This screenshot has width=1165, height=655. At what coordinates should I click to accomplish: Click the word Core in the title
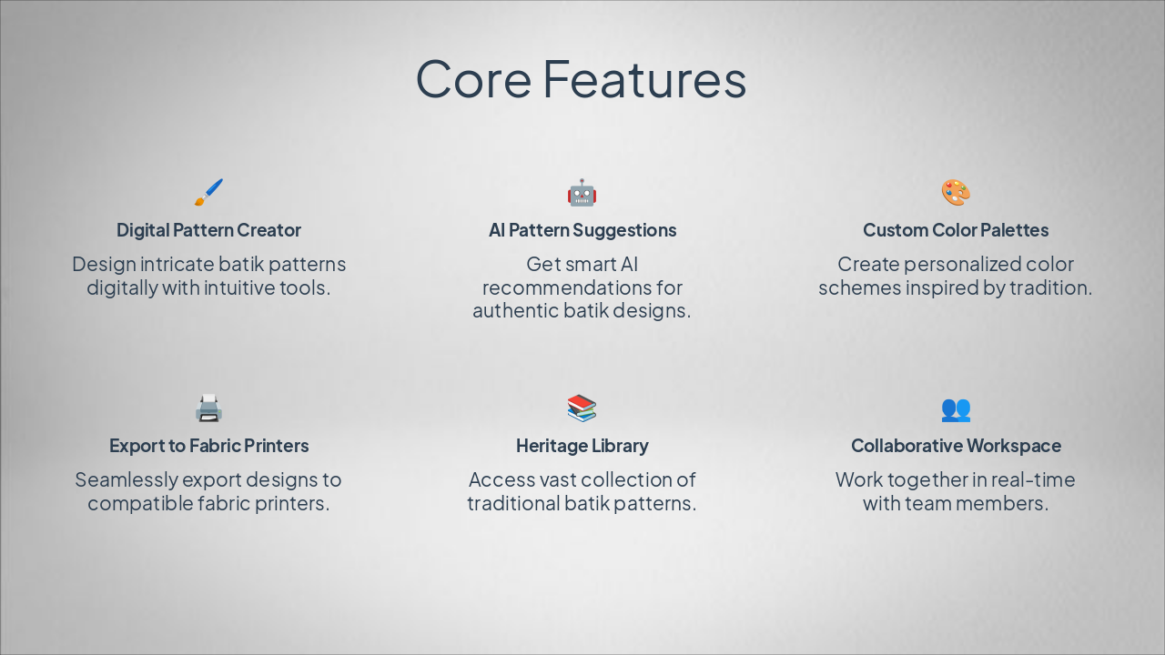[x=473, y=79]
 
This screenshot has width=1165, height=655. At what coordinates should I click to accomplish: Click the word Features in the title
[x=644, y=79]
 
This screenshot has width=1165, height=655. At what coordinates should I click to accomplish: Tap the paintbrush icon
[x=208, y=193]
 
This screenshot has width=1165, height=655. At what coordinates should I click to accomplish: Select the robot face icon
[x=582, y=193]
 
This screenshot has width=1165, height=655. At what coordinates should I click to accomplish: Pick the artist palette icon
[x=956, y=193]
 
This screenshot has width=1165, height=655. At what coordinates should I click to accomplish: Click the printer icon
[x=208, y=408]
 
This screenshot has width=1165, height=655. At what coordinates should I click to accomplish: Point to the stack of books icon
[x=582, y=408]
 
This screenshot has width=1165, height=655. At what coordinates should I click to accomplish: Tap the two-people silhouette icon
[x=956, y=408]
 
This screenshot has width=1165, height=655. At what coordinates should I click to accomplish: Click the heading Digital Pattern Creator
[x=208, y=230]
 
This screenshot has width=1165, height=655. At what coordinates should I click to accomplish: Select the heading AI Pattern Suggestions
[x=582, y=230]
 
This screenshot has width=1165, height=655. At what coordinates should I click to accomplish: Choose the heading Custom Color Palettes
[x=956, y=230]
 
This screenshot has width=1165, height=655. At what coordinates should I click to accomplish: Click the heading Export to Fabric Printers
[x=208, y=446]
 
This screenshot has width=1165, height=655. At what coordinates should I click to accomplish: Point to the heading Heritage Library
[x=582, y=446]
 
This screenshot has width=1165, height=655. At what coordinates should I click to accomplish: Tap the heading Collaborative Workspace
[x=956, y=446]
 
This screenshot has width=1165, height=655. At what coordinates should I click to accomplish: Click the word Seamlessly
[x=126, y=479]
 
